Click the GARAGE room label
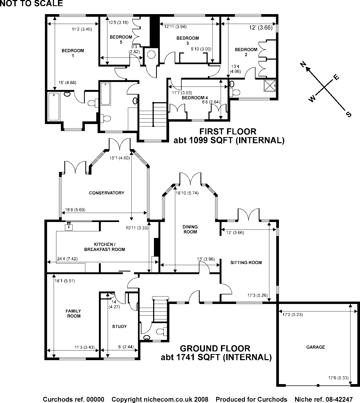pyautogui.click(x=316, y=347)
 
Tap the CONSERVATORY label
pyautogui.click(x=107, y=193)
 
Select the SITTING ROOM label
pyautogui.click(x=246, y=263)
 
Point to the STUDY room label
pyautogui.click(x=119, y=327)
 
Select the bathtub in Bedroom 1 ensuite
pyautogui.click(x=54, y=106)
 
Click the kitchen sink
pyautogui.click(x=69, y=226)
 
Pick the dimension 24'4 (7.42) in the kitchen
pyautogui.click(x=67, y=259)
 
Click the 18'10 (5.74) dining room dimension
pyautogui.click(x=187, y=193)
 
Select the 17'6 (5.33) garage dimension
pyautogui.click(x=338, y=378)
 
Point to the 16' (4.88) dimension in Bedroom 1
pyautogui.click(x=67, y=83)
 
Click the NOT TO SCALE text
pyautogui.click(x=31, y=3)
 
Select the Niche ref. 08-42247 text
pyautogui.click(x=324, y=399)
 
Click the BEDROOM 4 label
pyautogui.click(x=193, y=98)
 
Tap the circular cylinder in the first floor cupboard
pyautogui.click(x=151, y=54)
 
